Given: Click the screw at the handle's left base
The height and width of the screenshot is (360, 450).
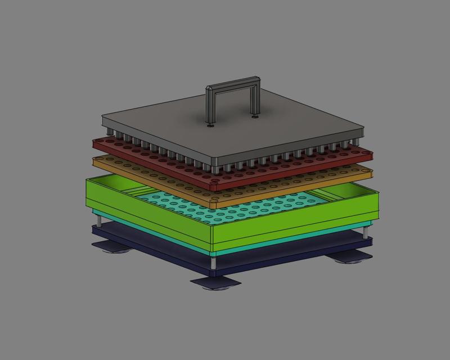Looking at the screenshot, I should coord(210,125).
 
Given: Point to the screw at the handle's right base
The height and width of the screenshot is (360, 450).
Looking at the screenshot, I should coord(255,117).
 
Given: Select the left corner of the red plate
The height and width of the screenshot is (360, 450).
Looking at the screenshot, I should coord(96,143).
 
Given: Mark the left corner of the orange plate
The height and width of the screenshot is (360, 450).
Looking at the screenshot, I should coord(96,160).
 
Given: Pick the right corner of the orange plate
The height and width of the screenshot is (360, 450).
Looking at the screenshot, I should coord(370,169).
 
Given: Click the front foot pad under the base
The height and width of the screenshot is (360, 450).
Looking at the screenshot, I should coord(216,283).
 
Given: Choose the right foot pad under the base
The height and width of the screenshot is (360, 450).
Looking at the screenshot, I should coord(349,257).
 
